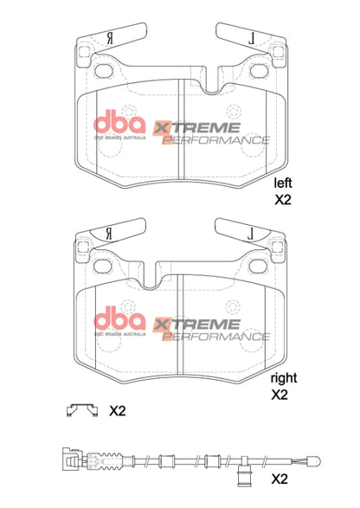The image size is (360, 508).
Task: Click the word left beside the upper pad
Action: tap(282, 183)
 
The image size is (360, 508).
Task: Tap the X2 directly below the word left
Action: tap(283, 199)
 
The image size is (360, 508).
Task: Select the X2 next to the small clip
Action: tap(118, 412)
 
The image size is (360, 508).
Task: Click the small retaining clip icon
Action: tap(80, 411)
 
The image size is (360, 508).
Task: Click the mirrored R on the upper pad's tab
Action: tap(108, 38)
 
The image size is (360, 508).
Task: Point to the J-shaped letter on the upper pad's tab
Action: tap(249, 38)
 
